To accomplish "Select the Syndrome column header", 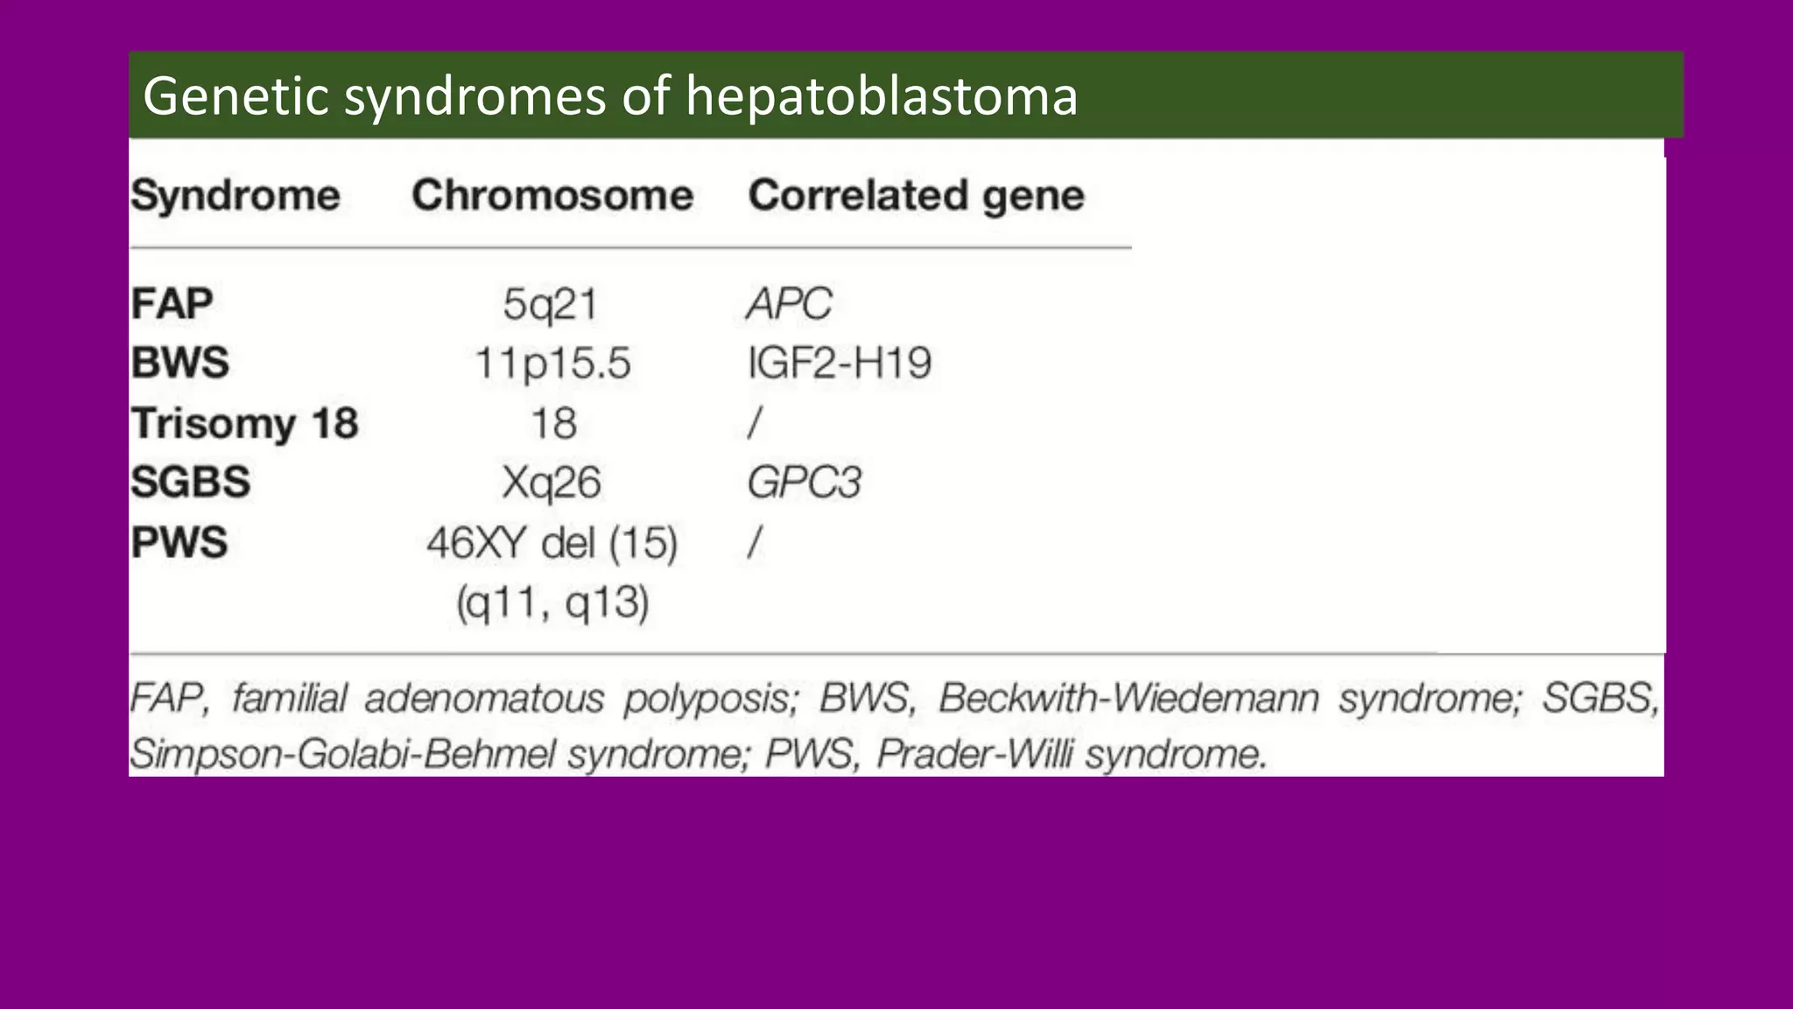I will [x=236, y=194].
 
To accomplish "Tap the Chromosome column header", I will [x=552, y=194].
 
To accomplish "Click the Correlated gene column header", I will [x=916, y=194].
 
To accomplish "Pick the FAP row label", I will [x=172, y=304].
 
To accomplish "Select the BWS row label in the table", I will [x=180, y=363].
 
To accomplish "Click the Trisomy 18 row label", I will [x=245, y=423].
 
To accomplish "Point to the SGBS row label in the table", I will [x=191, y=482].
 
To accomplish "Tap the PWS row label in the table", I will [x=179, y=541].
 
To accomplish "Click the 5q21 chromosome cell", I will [x=551, y=305].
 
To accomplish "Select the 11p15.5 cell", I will [x=552, y=363].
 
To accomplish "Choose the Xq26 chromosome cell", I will [x=552, y=483].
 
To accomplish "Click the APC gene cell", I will [x=789, y=305].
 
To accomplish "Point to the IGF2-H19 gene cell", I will [x=840, y=363].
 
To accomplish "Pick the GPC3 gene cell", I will [x=804, y=483].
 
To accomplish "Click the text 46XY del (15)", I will [x=552, y=543].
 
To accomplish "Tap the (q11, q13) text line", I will [x=552, y=603].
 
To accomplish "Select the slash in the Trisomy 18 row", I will [x=755, y=423].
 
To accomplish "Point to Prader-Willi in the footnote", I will [x=974, y=753].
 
